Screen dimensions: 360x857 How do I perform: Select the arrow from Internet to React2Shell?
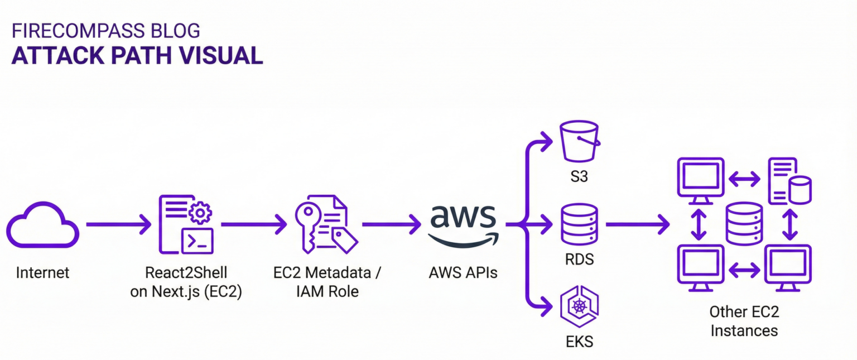118,225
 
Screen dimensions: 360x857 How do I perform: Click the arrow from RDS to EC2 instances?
637,225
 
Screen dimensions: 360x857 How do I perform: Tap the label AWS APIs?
463,273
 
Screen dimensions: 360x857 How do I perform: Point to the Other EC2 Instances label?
744,320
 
